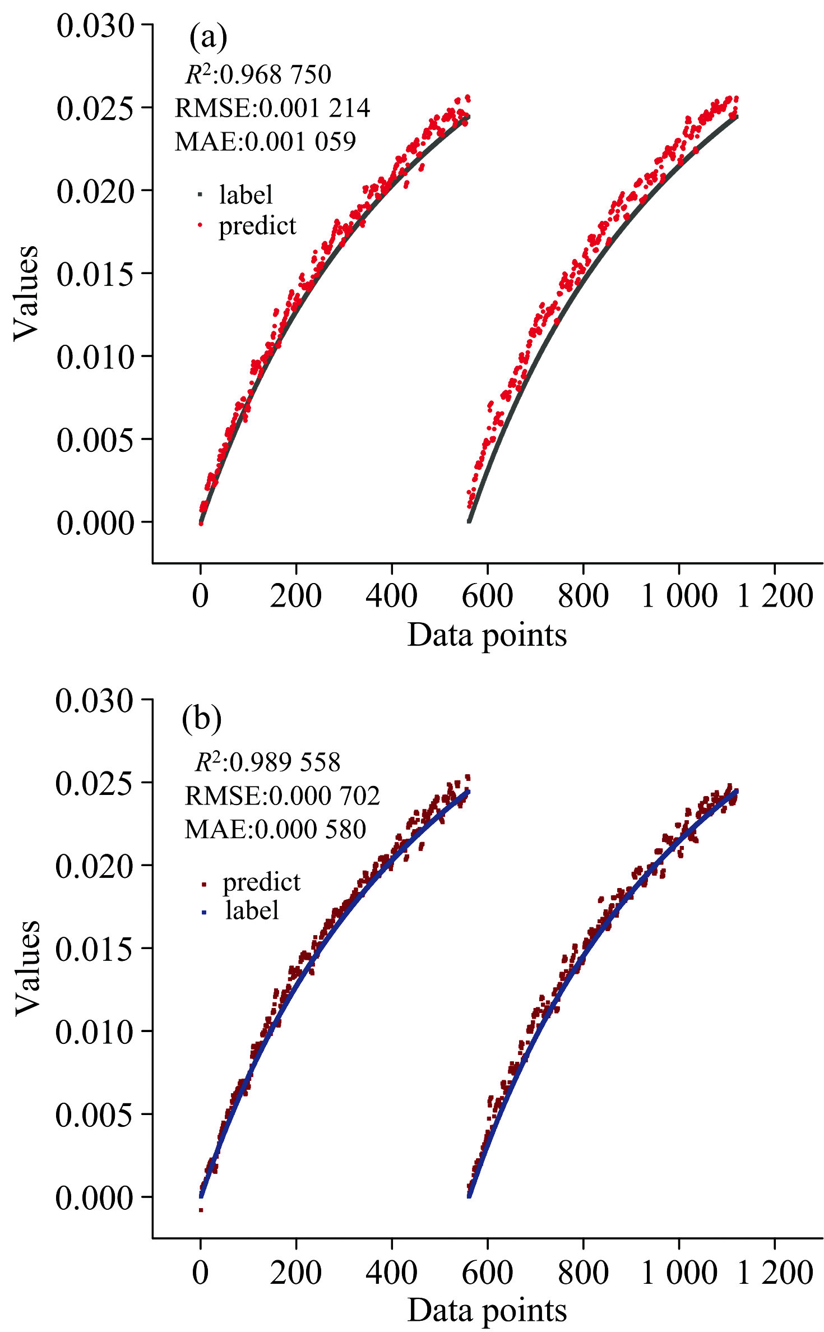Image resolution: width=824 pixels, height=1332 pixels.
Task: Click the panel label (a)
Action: coord(208,37)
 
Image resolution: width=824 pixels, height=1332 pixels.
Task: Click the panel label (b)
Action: coord(201,718)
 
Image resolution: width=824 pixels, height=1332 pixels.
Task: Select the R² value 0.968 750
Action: coord(258,75)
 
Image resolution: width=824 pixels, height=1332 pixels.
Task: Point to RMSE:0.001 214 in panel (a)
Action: coord(272,108)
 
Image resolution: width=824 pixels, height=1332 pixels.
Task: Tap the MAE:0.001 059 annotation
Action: coord(265,141)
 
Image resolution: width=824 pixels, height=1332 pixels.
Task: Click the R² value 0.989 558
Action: coord(268,762)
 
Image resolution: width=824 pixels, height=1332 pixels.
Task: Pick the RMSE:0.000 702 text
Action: coord(283,795)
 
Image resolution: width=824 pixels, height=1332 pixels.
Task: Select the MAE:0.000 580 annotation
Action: coord(275,829)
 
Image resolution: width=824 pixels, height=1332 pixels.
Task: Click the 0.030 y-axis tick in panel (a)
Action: coord(96,26)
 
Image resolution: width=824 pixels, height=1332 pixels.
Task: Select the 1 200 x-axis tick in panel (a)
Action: coord(775,595)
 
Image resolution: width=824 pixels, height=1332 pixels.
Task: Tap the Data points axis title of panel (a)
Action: coord(487,635)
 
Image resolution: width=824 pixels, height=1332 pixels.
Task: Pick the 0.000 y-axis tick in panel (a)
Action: coord(96,522)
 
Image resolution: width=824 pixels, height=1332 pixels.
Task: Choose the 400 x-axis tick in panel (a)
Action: coord(391,595)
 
